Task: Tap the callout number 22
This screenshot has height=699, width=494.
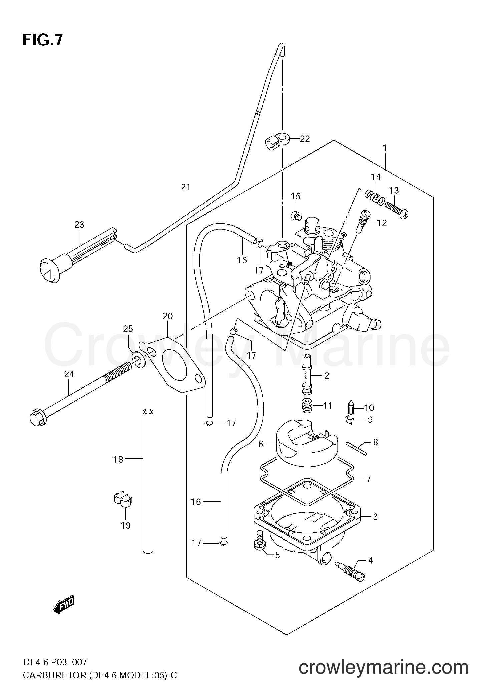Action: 305,139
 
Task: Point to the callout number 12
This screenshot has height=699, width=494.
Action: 382,223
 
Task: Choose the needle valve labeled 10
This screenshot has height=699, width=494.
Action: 351,407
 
